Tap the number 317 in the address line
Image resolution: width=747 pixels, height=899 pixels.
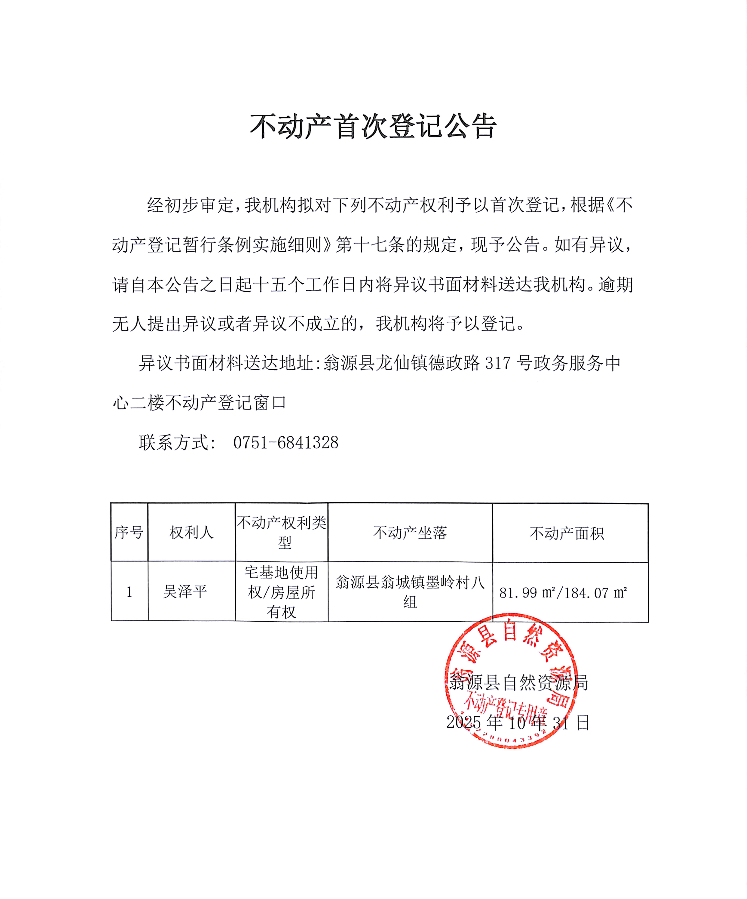(x=498, y=363)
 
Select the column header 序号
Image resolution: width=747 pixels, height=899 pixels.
(x=129, y=533)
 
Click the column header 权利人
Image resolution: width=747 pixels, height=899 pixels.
(x=191, y=533)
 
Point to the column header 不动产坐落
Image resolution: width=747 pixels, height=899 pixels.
(x=410, y=533)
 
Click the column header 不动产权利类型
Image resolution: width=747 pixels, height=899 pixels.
(x=282, y=532)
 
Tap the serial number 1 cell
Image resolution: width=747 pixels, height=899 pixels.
(x=129, y=592)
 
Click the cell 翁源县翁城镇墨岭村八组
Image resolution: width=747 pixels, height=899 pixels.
(x=410, y=592)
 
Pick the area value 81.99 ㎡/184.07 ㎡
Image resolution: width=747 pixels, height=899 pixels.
(x=563, y=593)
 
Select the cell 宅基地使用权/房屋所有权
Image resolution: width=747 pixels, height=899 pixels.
(x=282, y=592)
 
